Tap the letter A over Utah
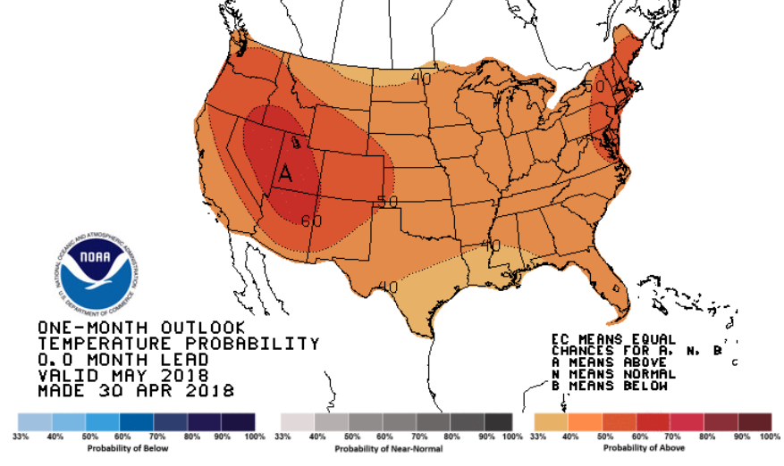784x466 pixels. [x=286, y=172]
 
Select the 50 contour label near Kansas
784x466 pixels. [x=386, y=202]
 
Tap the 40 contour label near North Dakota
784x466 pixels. [x=421, y=78]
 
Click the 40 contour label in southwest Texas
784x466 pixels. [x=388, y=287]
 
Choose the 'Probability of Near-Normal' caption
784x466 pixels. [x=397, y=447]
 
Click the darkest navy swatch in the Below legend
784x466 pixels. [x=239, y=421]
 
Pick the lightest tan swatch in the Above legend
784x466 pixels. [x=550, y=421]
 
